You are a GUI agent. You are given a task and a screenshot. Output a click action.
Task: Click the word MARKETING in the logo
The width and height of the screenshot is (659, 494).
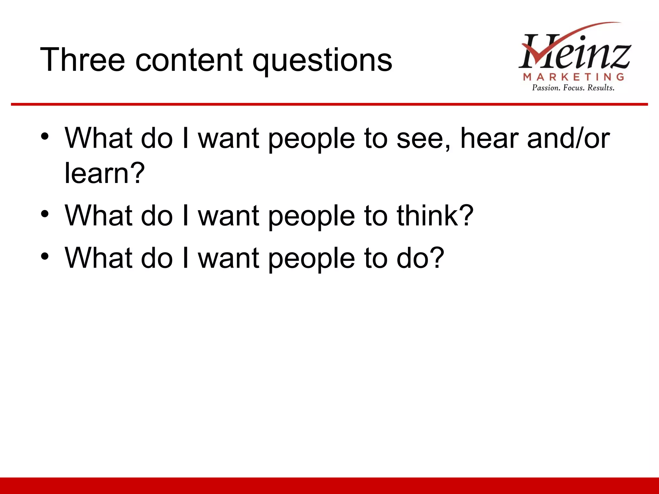573,77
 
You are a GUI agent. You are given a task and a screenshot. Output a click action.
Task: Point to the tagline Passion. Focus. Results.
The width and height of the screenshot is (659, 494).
573,88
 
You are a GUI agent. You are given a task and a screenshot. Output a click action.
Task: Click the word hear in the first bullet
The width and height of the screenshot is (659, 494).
489,138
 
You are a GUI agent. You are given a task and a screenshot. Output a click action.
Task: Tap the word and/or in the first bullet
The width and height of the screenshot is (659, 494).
568,138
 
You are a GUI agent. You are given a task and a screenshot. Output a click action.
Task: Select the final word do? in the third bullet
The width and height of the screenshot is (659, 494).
420,258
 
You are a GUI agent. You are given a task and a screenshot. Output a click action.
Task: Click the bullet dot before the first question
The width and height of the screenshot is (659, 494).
45,137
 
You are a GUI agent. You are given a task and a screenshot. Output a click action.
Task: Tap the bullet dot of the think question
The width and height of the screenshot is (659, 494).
45,214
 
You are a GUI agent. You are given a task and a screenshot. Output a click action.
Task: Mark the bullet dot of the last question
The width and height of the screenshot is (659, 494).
45,256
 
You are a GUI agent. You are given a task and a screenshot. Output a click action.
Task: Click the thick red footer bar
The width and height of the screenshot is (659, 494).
329,486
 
